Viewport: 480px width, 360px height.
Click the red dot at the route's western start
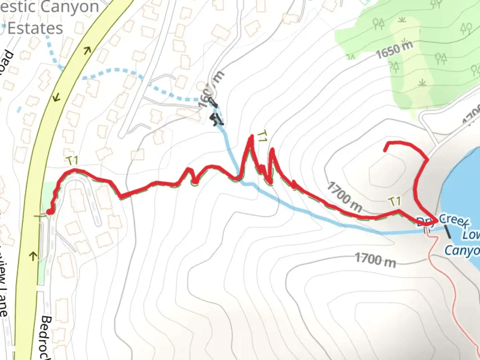50,212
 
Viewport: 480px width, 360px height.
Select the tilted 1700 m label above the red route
345,197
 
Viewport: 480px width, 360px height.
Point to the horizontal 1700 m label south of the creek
375,260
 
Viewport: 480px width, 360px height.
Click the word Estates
35,28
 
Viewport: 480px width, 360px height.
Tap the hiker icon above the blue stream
217,119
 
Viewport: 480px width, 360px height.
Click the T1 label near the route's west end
72,161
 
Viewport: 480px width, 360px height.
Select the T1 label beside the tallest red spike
263,137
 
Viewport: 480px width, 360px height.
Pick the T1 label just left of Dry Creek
395,201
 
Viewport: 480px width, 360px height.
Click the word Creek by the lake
454,221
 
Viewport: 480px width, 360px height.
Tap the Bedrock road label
46,337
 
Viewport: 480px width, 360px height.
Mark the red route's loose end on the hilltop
386,150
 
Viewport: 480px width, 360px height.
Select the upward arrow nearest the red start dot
33,256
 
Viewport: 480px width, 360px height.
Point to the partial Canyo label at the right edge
462,250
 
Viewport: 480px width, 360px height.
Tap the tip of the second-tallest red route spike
272,150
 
